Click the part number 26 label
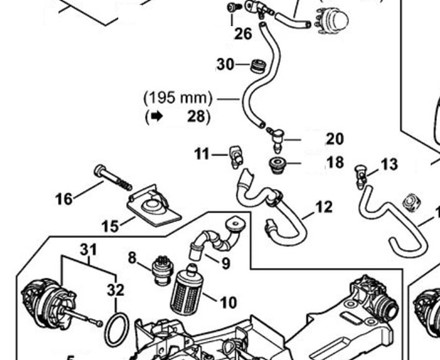[x=243, y=34]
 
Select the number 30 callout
[x=225, y=64]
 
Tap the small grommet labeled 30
[x=257, y=66]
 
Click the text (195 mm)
[x=178, y=98]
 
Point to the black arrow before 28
[x=157, y=116]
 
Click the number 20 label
[x=335, y=139]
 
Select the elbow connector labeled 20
[x=275, y=137]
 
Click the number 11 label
[x=202, y=154]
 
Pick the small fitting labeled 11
[x=236, y=156]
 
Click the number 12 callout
[x=324, y=207]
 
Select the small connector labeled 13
[x=361, y=177]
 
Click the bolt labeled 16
[x=113, y=177]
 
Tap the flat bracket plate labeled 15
[x=154, y=205]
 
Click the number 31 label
[x=89, y=249]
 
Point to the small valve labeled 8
[x=162, y=270]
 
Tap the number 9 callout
[x=226, y=264]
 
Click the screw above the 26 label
[x=233, y=7]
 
